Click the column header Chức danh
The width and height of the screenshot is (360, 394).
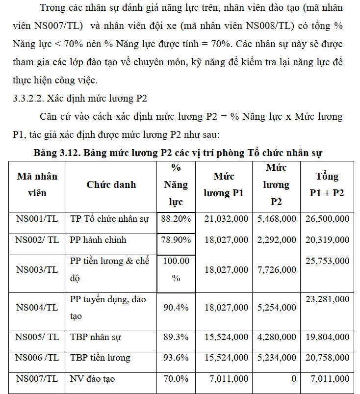[x=111, y=185]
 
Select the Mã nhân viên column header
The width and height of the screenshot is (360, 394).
[x=37, y=185]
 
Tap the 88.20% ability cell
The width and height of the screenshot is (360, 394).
[x=176, y=219]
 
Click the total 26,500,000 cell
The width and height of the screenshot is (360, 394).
[x=327, y=219]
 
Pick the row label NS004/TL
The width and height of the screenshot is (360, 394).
[x=37, y=308]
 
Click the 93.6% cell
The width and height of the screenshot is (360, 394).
[x=176, y=358]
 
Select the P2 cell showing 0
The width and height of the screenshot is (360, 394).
[x=293, y=379]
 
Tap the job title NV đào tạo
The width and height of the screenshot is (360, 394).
[x=93, y=379]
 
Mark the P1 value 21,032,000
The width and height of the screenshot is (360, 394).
[x=226, y=219]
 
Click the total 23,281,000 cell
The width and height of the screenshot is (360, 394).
[x=327, y=299]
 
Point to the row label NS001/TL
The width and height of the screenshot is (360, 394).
[x=37, y=219]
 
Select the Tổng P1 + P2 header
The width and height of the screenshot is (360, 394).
[x=327, y=185]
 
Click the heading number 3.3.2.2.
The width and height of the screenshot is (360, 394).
[x=28, y=98]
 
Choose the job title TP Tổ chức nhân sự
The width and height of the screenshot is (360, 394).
[x=109, y=219]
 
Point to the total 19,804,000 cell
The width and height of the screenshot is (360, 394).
[x=327, y=337]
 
